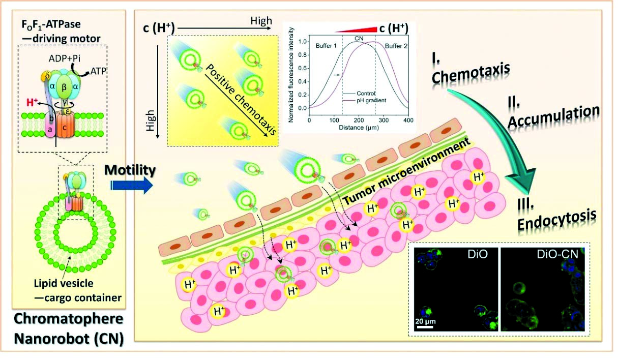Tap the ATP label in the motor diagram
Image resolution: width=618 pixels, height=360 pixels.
(98, 71)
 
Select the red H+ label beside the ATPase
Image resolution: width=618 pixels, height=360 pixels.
(32, 102)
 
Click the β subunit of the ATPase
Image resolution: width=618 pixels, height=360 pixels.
(64, 88)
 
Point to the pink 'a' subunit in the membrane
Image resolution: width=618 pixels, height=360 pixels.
(50, 128)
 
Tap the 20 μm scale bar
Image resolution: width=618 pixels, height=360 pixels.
(425, 327)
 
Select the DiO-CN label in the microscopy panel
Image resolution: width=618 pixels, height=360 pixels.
(557, 254)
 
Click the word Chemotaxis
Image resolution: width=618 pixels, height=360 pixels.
(470, 73)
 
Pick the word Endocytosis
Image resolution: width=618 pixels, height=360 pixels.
(557, 220)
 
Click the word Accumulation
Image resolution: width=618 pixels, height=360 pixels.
(553, 117)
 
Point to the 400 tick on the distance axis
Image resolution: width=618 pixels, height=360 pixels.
(408, 121)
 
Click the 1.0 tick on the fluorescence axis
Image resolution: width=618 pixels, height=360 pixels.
(303, 41)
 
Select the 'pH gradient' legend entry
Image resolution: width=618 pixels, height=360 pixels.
(371, 100)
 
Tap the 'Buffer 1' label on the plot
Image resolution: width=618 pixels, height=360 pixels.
(326, 46)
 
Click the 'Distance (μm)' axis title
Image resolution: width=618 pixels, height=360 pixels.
(359, 128)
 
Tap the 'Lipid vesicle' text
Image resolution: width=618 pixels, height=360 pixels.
(64, 283)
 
